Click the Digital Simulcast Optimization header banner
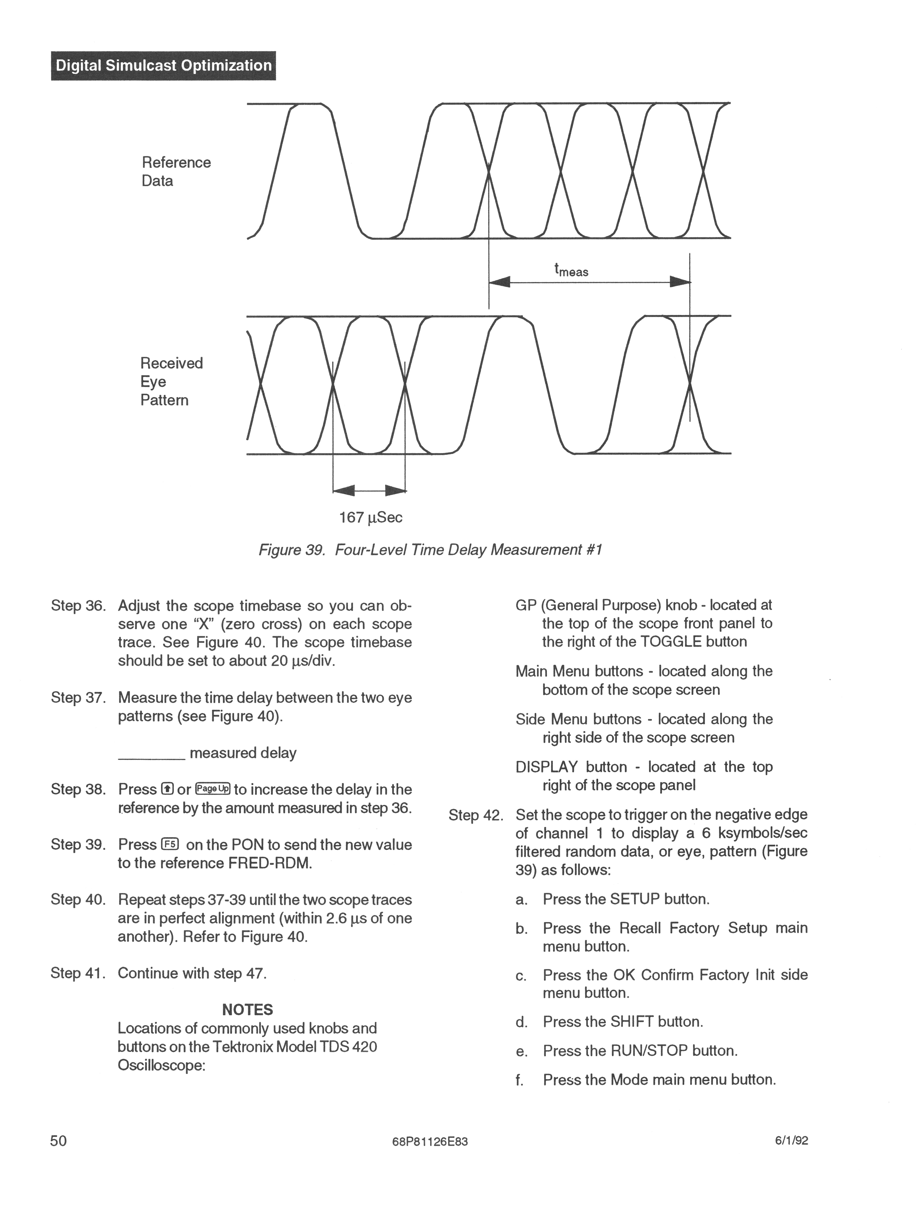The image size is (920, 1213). pyautogui.click(x=163, y=66)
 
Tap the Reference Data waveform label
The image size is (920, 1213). pyautogui.click(x=176, y=172)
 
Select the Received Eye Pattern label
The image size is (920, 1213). pyautogui.click(x=172, y=382)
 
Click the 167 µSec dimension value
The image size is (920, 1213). pyautogui.click(x=371, y=518)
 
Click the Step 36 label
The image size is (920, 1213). pyautogui.click(x=78, y=606)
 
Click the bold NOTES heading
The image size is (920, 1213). pyautogui.click(x=247, y=1010)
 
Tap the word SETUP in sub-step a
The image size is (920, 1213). pyautogui.click(x=634, y=899)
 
